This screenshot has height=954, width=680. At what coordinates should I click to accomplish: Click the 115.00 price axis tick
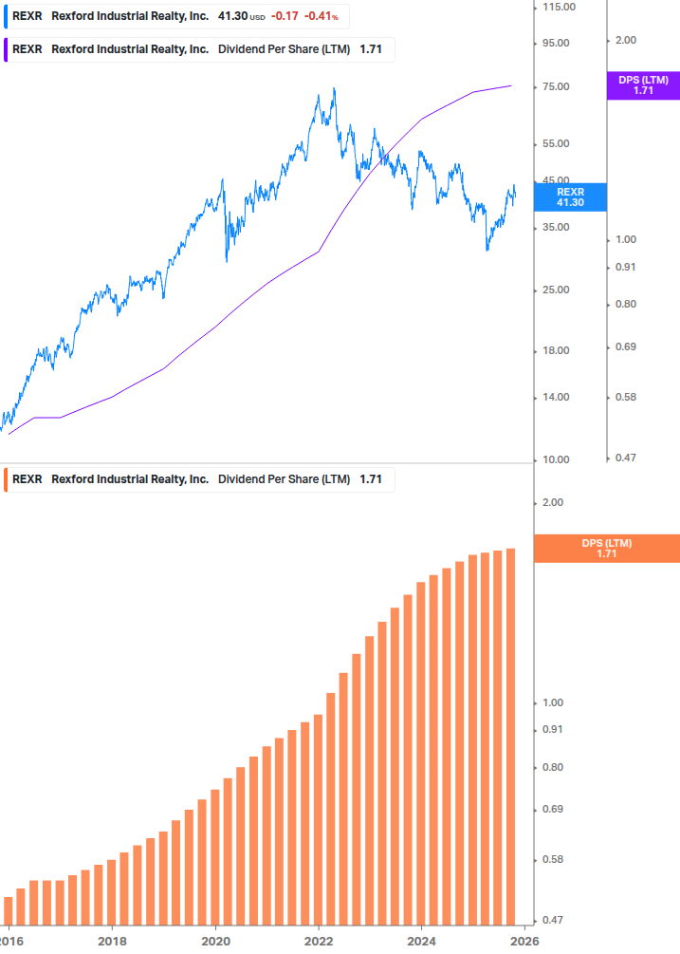(558, 7)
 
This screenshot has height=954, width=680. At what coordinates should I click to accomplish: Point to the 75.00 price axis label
(555, 87)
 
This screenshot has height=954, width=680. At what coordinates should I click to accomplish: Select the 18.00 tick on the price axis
(555, 351)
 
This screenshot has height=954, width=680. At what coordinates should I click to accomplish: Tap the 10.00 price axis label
(555, 459)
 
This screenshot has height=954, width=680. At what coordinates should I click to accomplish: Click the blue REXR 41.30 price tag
(570, 196)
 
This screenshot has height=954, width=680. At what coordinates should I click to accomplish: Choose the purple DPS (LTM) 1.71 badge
(643, 85)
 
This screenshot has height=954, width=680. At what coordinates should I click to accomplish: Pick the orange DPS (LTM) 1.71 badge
(607, 548)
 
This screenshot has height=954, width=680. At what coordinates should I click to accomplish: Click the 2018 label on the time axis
(112, 941)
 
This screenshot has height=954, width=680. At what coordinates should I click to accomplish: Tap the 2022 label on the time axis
(319, 941)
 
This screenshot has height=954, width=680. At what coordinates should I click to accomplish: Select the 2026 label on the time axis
(524, 941)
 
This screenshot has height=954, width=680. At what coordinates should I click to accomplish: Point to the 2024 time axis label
(421, 941)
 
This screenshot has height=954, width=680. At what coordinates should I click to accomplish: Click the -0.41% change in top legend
(321, 17)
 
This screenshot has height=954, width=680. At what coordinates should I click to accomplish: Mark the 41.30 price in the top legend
(232, 17)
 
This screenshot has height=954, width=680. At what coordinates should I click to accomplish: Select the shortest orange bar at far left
(9, 908)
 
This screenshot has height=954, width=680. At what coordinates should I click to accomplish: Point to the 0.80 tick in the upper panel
(624, 304)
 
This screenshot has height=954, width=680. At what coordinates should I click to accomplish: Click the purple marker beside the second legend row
(6, 49)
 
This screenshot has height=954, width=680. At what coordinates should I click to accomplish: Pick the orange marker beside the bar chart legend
(6, 479)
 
